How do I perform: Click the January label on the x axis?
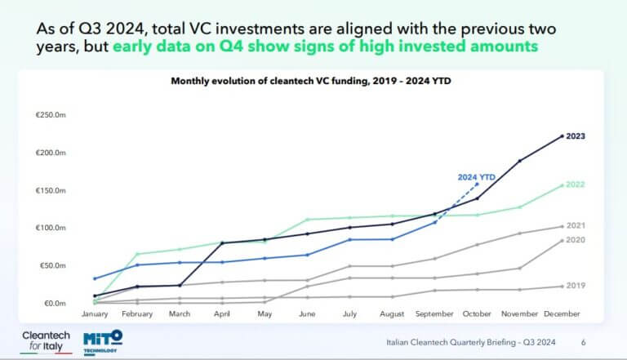tap(95, 313)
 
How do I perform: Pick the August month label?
tap(392, 313)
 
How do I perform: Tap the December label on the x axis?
tap(563, 313)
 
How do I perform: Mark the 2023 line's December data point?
tap(563, 136)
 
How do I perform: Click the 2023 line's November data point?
tap(520, 161)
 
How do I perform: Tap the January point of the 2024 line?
tap(95, 278)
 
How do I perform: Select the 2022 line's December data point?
tap(563, 185)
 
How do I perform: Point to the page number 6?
tap(583, 342)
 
